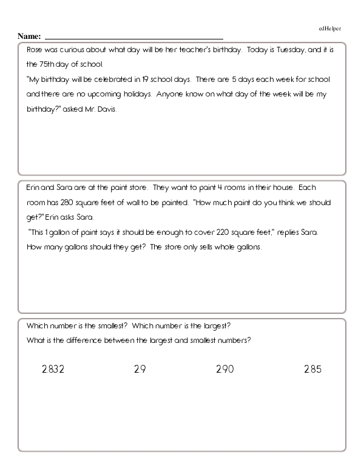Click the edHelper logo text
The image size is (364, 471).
point(330,29)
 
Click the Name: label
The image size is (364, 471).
point(30,36)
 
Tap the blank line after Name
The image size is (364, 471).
point(133,38)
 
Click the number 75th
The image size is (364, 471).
point(45,64)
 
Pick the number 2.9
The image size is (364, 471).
point(140,369)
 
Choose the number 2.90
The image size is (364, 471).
point(224,369)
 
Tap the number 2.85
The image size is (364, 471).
point(312,369)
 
